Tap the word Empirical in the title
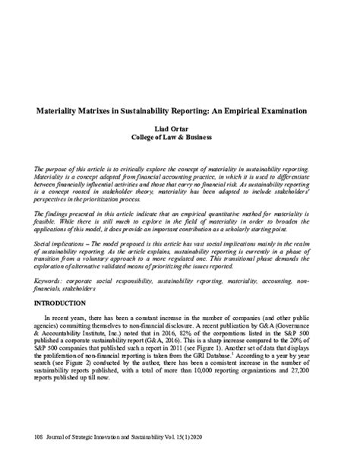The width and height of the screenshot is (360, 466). [x=248, y=110]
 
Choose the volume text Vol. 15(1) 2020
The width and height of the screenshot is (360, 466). [x=192, y=439]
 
